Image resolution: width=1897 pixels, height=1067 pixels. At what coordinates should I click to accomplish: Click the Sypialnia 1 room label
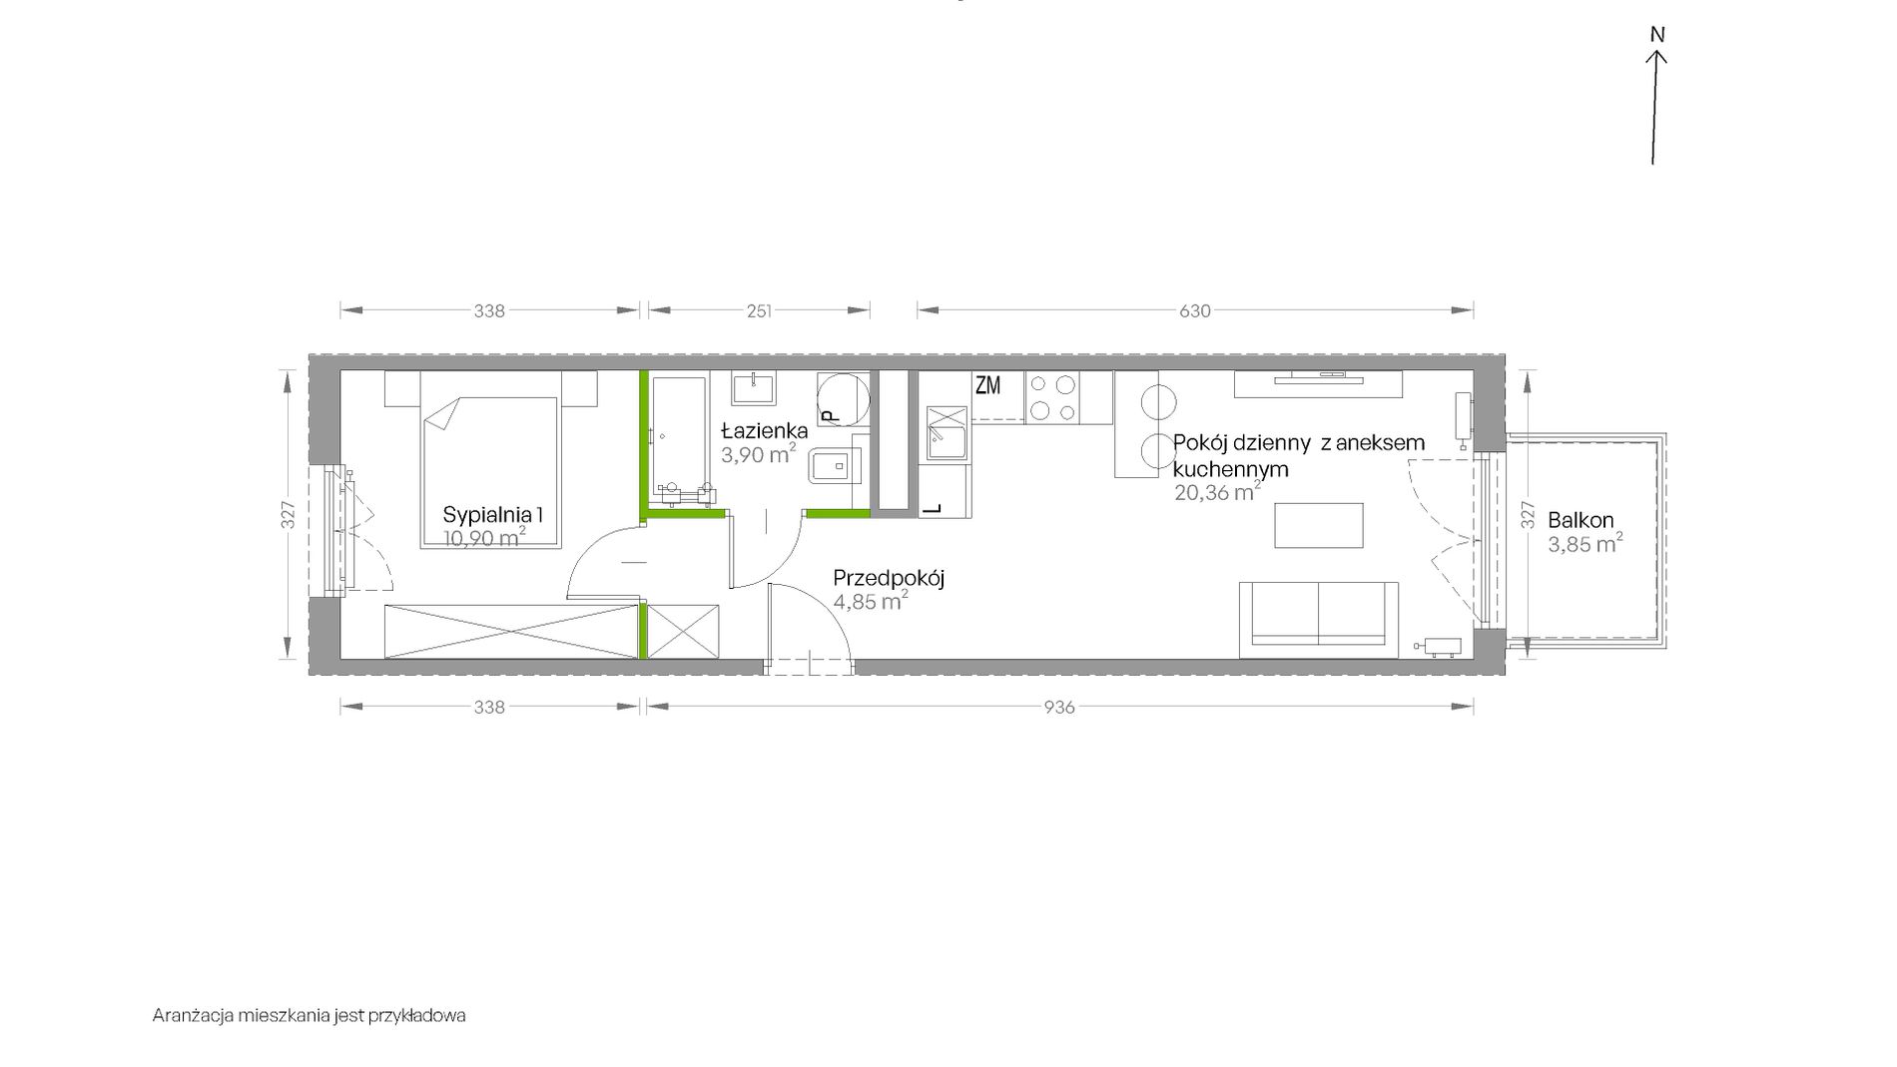(493, 516)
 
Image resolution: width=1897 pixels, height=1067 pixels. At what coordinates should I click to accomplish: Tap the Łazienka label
(765, 431)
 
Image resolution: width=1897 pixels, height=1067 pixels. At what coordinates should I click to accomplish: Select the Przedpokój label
(889, 578)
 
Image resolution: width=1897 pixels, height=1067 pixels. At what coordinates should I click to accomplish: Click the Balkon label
(1581, 520)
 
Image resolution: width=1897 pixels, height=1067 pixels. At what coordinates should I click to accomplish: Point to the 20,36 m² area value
(1217, 491)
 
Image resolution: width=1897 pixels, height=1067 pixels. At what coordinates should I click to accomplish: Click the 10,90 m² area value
(485, 539)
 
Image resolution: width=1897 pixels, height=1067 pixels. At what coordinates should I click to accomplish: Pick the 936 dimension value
(1059, 708)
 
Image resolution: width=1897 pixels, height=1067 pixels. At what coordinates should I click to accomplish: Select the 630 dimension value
(1195, 311)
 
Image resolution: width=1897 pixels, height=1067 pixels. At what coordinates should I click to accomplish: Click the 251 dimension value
(759, 311)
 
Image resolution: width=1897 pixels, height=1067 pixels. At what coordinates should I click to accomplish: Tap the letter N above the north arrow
(1657, 35)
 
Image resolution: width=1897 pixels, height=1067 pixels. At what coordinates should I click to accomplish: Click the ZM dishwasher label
(987, 385)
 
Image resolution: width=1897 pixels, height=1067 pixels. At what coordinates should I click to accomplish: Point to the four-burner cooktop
(1053, 397)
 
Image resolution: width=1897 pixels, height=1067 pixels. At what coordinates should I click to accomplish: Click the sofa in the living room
(1318, 620)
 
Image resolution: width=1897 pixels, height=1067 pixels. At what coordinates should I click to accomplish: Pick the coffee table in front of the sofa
(1319, 525)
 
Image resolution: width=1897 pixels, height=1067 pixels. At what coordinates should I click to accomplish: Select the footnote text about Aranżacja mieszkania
(310, 1016)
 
